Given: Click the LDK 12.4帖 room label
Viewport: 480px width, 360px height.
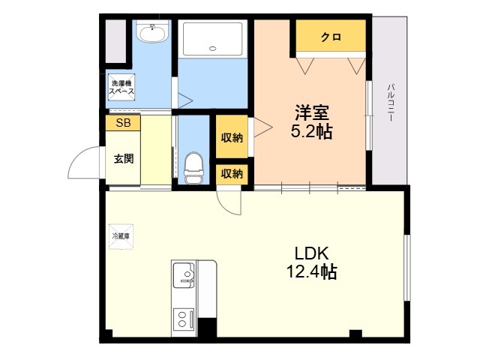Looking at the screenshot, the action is [312, 262].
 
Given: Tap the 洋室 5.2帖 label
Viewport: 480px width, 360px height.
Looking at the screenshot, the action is [312, 122].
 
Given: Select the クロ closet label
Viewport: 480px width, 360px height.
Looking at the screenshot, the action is [331, 37].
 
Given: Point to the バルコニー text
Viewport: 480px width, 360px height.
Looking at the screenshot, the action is [390, 103].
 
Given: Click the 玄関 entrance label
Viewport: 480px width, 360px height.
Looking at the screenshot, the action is [124, 158].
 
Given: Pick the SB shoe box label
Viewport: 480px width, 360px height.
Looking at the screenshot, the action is [123, 123].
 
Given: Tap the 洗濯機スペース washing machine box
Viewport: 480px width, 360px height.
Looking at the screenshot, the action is [121, 87].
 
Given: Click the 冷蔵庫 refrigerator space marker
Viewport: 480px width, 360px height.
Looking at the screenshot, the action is [121, 236].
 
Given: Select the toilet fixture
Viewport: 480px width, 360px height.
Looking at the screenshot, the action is [193, 168].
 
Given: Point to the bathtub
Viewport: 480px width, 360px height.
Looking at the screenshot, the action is [213, 38].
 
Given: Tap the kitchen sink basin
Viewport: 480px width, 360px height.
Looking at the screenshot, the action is [183, 275].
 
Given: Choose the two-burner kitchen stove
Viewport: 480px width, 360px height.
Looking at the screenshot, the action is [183, 319].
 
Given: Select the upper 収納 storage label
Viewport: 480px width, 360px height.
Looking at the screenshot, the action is [232, 138].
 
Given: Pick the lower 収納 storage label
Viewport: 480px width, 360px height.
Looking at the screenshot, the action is [232, 174].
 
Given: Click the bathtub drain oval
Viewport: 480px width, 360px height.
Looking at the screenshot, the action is [212, 48].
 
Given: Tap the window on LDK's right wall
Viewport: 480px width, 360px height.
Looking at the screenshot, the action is [406, 268].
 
